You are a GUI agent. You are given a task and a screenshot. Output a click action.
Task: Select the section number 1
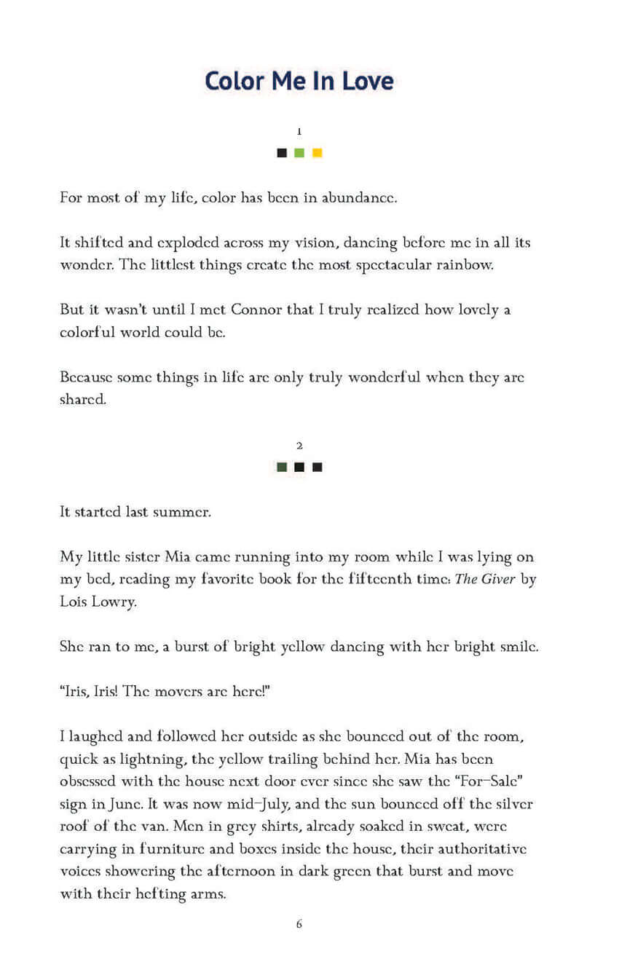(299, 131)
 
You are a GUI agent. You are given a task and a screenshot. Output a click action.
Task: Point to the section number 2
(299, 445)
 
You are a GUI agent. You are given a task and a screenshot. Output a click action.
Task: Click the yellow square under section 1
(317, 153)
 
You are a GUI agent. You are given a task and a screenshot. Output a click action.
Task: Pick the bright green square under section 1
(299, 153)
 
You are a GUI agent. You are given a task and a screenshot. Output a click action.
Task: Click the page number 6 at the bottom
(299, 924)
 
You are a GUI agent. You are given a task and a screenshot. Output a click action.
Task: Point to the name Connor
(256, 310)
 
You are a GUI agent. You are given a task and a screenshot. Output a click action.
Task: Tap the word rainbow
(467, 265)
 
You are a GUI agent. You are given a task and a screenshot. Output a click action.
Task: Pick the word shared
(83, 400)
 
